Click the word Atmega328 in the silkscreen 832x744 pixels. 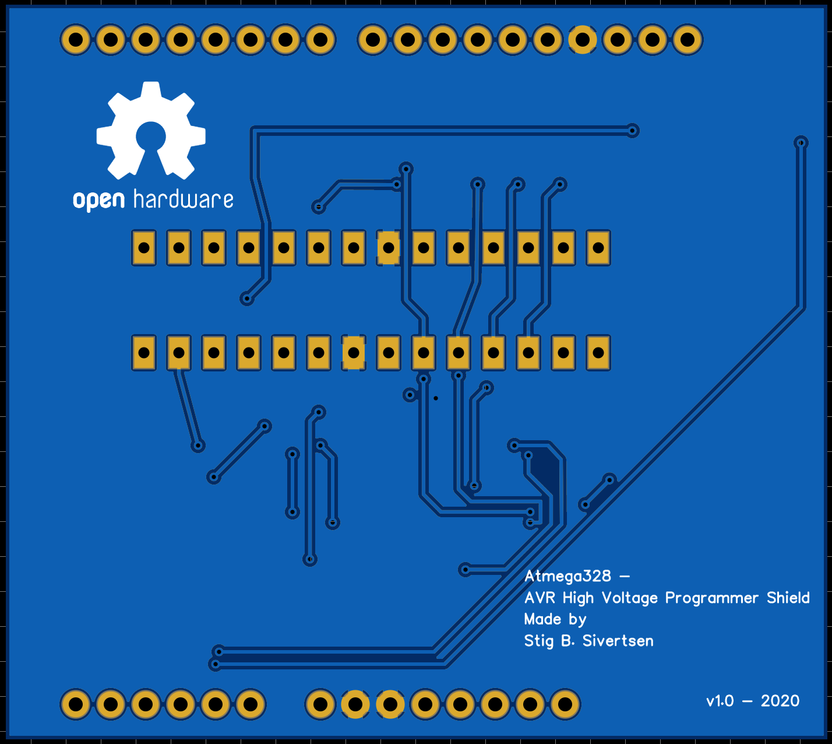pos(567,576)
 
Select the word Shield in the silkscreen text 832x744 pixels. pos(788,598)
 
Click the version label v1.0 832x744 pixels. pos(720,701)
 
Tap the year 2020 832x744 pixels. pos(780,701)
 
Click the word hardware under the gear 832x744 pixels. pos(184,200)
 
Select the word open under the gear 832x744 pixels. pos(98,201)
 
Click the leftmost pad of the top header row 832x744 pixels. pos(76,40)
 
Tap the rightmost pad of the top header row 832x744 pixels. pos(688,40)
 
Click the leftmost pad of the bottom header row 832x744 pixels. pos(76,704)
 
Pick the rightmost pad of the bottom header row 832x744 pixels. pos(565,704)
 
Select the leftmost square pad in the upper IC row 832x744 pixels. pos(144,248)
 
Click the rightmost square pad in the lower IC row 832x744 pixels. pos(598,353)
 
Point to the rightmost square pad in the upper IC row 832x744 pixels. pos(598,248)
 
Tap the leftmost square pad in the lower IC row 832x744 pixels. pos(144,353)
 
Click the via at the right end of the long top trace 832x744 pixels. pos(633,130)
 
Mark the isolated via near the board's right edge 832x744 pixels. pos(801,142)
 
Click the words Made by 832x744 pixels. pos(555,619)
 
